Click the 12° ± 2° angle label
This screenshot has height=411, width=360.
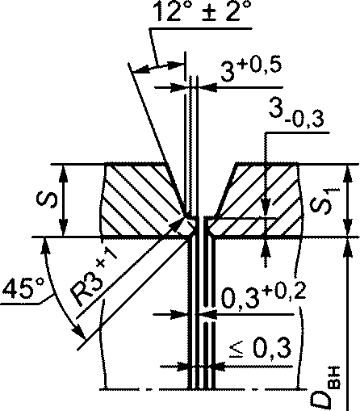[203, 10]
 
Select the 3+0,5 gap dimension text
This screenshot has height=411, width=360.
[251, 70]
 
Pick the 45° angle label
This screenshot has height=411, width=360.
[23, 289]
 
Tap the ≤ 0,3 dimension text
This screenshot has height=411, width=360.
[260, 348]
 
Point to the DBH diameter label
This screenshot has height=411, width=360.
[324, 388]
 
